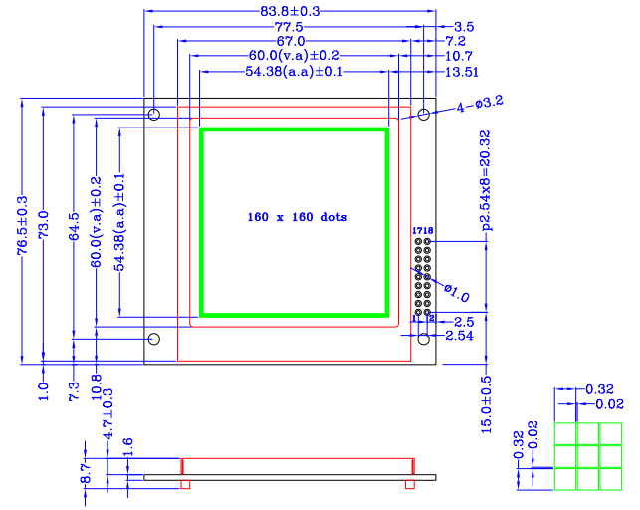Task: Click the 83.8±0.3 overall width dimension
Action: pyautogui.click(x=290, y=11)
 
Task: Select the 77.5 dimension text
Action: pyautogui.click(x=290, y=26)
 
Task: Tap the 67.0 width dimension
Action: pyautogui.click(x=291, y=41)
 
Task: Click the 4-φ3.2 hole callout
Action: pyautogui.click(x=481, y=103)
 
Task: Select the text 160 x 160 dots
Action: pyautogui.click(x=297, y=216)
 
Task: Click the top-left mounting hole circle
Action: pyautogui.click(x=154, y=115)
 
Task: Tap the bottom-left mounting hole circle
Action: pyautogui.click(x=154, y=340)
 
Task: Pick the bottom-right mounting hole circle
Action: pyautogui.click(x=423, y=340)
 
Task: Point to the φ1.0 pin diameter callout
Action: pyautogui.click(x=456, y=292)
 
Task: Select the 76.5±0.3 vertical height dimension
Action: pyautogui.click(x=22, y=228)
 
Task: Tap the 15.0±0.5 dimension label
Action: pyautogui.click(x=487, y=403)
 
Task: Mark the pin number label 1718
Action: pyautogui.click(x=423, y=230)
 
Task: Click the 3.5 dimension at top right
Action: pyautogui.click(x=464, y=26)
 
